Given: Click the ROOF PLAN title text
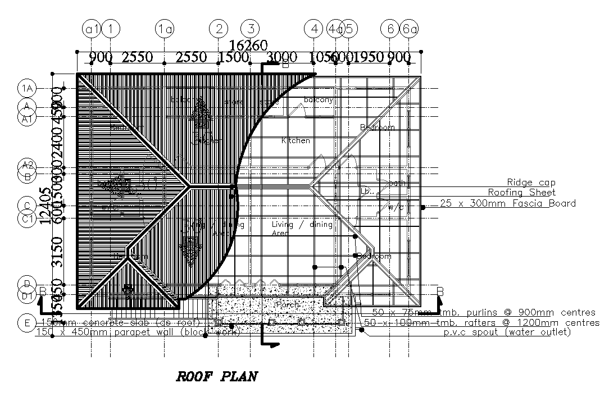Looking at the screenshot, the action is click(217, 376).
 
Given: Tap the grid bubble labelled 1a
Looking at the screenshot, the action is click(164, 28).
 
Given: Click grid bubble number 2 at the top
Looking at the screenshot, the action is click(218, 28).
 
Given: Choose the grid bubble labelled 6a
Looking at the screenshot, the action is click(409, 28).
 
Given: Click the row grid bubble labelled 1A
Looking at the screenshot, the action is click(27, 88).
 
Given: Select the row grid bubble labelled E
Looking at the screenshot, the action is click(26, 323).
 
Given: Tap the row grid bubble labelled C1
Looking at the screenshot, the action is click(27, 218).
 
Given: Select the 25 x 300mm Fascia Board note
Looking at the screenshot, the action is click(508, 203).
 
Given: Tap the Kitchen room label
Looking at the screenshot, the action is click(296, 140).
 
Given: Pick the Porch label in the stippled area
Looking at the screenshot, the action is click(287, 304).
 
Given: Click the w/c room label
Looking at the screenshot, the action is click(396, 207).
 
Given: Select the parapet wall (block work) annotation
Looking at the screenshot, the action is click(138, 332).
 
